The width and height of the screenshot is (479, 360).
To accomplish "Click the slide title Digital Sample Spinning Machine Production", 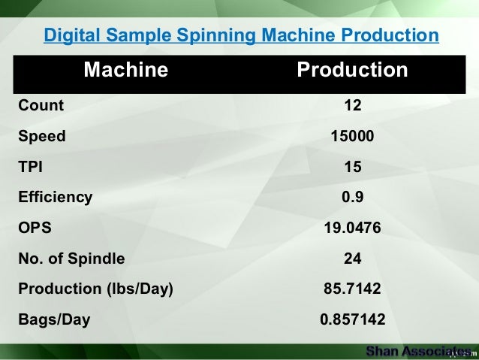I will [x=241, y=36].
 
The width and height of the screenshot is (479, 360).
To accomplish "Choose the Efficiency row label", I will [x=56, y=198].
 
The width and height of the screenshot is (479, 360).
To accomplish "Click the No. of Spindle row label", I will [x=72, y=259].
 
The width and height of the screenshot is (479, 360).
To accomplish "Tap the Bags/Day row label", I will [x=53, y=320].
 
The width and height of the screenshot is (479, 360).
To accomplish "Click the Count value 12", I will [x=352, y=106].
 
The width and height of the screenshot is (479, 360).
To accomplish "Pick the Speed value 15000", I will [x=352, y=137].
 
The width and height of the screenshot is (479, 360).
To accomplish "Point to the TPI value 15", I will [x=352, y=168].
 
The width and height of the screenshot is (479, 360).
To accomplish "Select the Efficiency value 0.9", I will [x=352, y=198].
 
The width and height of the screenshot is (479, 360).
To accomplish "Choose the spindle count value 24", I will [x=352, y=259].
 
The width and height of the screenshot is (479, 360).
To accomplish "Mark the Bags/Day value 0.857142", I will [x=352, y=320].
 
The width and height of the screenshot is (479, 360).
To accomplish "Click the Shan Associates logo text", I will [x=417, y=351].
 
